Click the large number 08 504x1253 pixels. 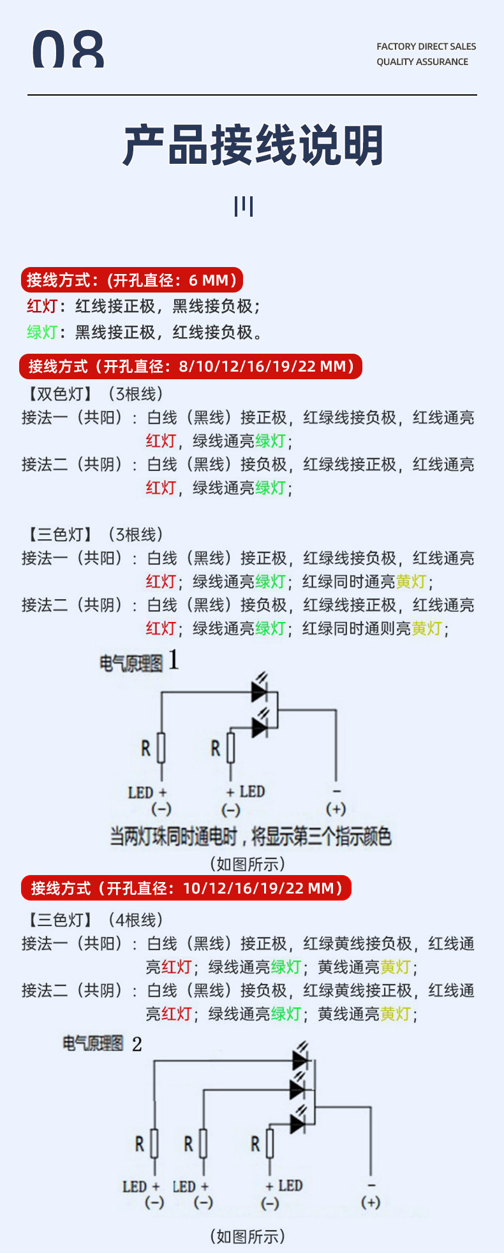point(68,50)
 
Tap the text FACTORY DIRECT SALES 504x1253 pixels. point(426,47)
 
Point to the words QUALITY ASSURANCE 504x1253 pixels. point(422,62)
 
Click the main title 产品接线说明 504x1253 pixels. point(253,146)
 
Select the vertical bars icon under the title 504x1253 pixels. point(244,206)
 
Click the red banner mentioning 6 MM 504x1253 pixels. point(132,280)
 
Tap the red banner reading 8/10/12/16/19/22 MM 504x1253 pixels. point(191,366)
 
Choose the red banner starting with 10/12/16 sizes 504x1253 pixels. point(186,888)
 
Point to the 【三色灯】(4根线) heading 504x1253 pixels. point(94,920)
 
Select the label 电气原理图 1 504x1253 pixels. point(138,662)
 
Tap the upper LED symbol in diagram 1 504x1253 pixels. point(260,690)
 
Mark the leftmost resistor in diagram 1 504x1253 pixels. point(161,748)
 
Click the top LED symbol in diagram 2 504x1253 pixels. point(300,1060)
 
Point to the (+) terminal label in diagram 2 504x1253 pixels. point(371,1202)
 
